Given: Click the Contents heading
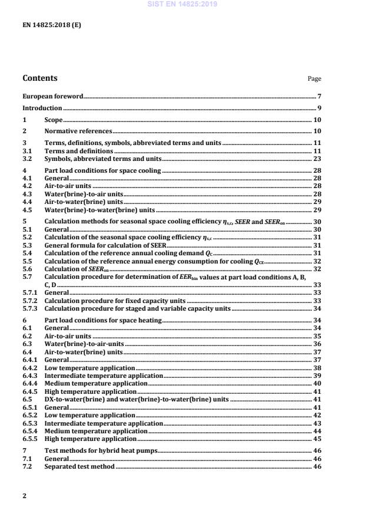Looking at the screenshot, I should coord(40,78).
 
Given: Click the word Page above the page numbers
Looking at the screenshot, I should coord(314,78).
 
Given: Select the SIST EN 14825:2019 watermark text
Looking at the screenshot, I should coord(182,4).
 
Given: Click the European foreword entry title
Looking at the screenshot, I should coord(52,96).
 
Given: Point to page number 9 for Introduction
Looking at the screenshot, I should coord(318,108).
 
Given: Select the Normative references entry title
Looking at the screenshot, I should coord(78,131).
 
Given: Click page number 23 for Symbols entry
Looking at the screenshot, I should coord(317,159).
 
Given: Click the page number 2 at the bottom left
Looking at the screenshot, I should coord(24,496).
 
